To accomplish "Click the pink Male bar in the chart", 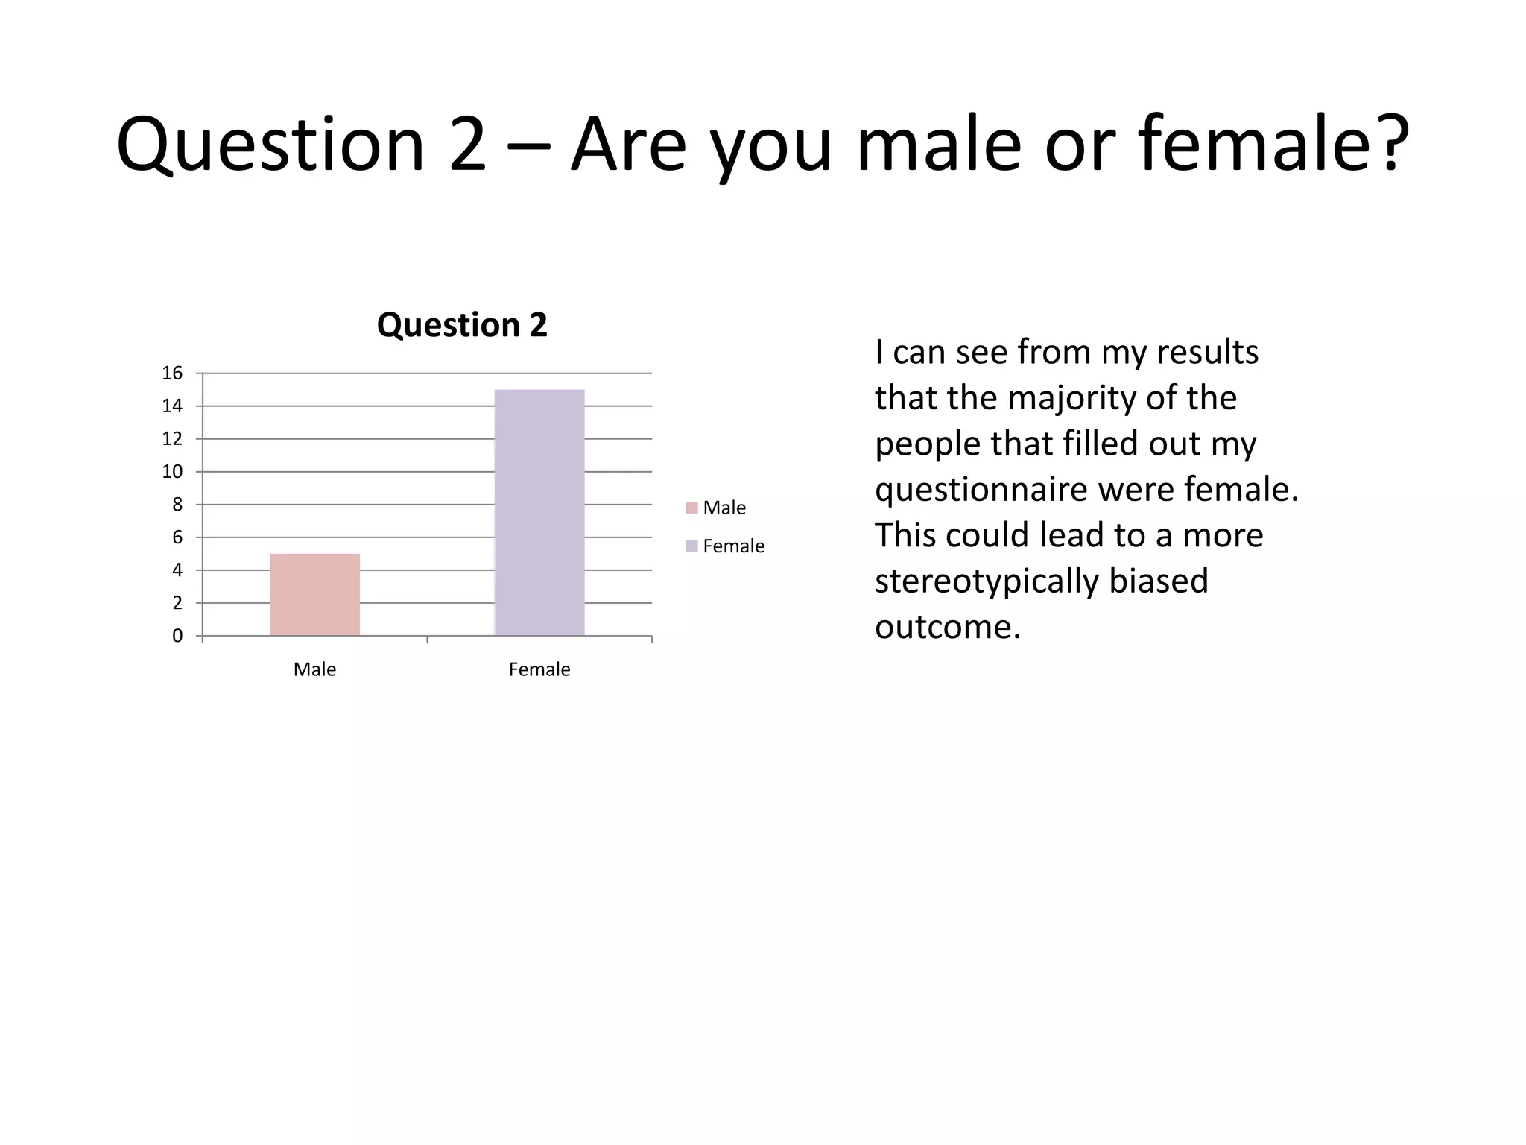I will pos(314,594).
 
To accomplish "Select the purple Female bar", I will pos(539,512).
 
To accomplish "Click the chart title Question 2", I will pos(462,325).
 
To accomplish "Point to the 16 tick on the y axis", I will pos(172,373).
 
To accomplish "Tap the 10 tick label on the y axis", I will pos(172,471).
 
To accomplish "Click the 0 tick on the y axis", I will pos(177,636).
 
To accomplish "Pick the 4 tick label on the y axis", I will pos(177,570).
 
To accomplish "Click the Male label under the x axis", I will pos(314,669).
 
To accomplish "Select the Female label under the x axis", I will pos(539,669).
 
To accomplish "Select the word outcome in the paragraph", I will pos(947,626).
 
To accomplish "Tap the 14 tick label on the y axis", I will pos(172,406).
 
